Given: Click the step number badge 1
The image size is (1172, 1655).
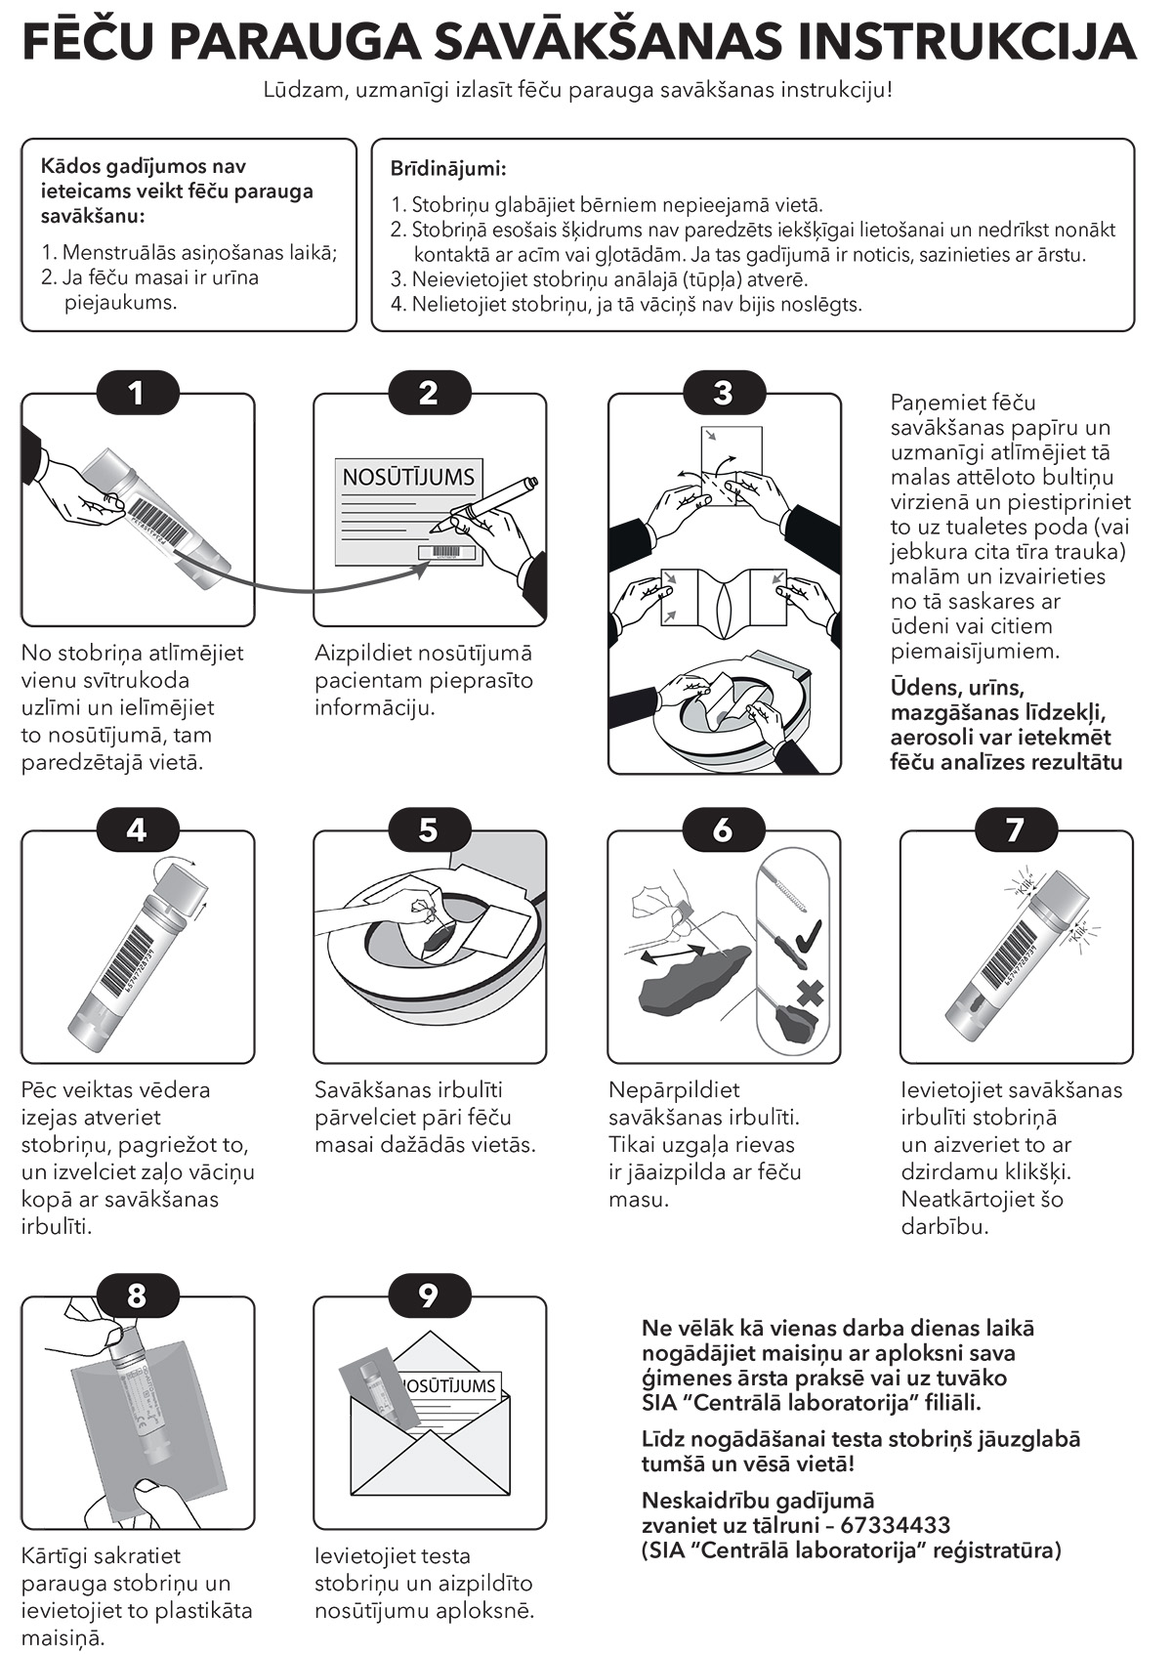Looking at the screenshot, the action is pos(138,393).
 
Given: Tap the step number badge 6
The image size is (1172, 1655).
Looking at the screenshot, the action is pos(723,829).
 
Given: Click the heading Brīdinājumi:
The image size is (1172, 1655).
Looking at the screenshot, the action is pos(448,169).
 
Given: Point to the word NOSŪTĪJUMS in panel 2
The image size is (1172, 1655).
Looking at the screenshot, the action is pos(408,477).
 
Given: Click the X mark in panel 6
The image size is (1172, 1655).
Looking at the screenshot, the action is pos(810,993).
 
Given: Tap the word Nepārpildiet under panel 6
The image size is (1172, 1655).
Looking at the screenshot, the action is pos(674,1090).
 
